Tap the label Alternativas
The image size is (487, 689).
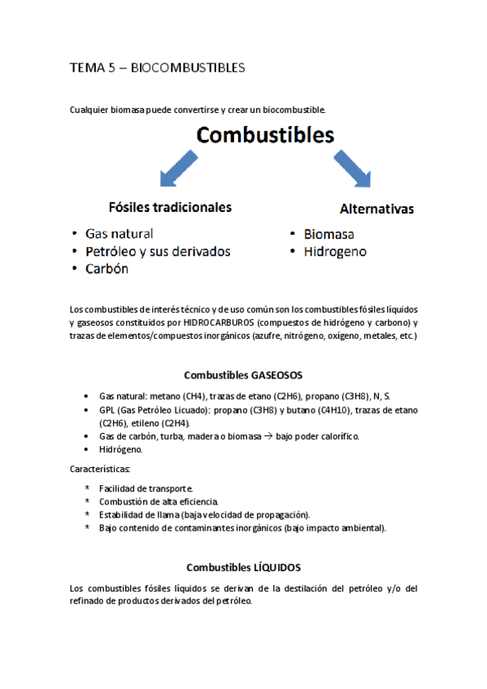tap(376, 208)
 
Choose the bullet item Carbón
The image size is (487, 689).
tap(107, 269)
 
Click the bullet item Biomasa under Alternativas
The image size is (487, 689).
tap(328, 234)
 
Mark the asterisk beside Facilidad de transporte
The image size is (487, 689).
tap(87, 488)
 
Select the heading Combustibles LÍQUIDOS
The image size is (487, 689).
tap(243, 567)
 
